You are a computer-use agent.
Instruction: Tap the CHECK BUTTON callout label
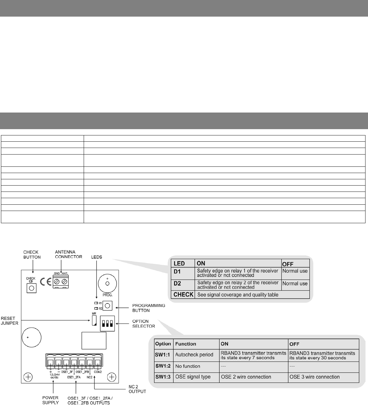[32, 255]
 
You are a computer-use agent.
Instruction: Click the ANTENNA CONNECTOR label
[68, 254]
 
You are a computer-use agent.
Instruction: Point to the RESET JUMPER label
[9, 320]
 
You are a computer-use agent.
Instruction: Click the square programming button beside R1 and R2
[108, 305]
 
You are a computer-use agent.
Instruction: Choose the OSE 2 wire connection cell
[246, 377]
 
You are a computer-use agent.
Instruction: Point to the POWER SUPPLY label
[50, 400]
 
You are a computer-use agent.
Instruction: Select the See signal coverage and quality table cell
[238, 295]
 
